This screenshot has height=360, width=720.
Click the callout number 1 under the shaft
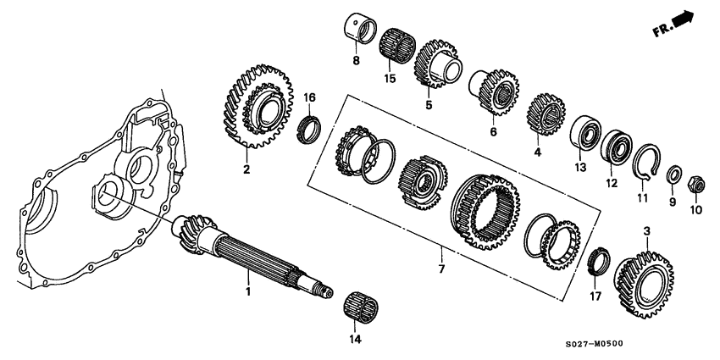pos(248,291)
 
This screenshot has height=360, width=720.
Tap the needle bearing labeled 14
pos(362,305)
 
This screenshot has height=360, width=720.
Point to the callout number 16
pos(310,98)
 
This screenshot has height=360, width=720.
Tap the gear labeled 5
pos(435,61)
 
